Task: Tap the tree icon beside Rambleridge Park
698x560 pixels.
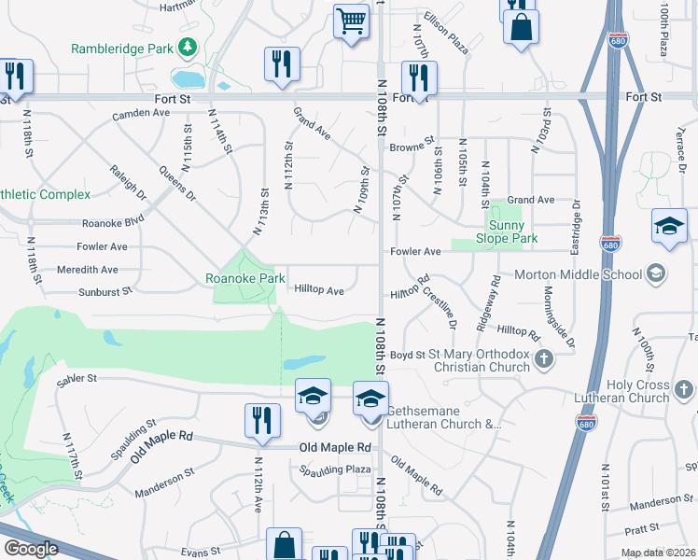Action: (188, 46)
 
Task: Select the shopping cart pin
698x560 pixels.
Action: (351, 21)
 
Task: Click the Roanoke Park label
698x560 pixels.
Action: (245, 278)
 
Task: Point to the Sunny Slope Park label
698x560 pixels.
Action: (513, 232)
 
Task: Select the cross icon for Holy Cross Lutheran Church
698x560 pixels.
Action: (683, 386)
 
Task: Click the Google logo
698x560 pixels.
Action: (30, 549)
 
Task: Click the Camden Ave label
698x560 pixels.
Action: (141, 113)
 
